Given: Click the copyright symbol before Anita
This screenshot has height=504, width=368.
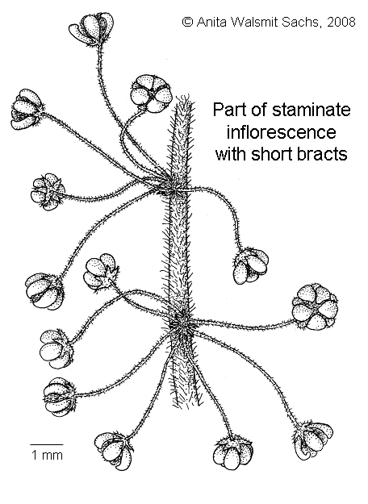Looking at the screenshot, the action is tap(187, 22).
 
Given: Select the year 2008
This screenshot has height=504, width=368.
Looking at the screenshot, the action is tap(341, 22).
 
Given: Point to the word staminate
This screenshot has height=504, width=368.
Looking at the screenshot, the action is tap(312, 110).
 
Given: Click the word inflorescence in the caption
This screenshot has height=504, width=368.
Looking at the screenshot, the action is tap(281, 132).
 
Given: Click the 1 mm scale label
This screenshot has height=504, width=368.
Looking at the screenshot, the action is tap(47, 455).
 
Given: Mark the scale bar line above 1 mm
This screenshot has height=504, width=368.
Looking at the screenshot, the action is tap(47, 445).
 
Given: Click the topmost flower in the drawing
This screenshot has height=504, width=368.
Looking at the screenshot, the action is tap(92, 28).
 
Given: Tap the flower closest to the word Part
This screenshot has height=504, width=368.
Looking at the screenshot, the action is tap(151, 94).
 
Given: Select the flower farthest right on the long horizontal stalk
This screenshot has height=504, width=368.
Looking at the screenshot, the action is tap(316, 307).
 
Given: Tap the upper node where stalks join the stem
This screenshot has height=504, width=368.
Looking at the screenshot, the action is tap(174, 190).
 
